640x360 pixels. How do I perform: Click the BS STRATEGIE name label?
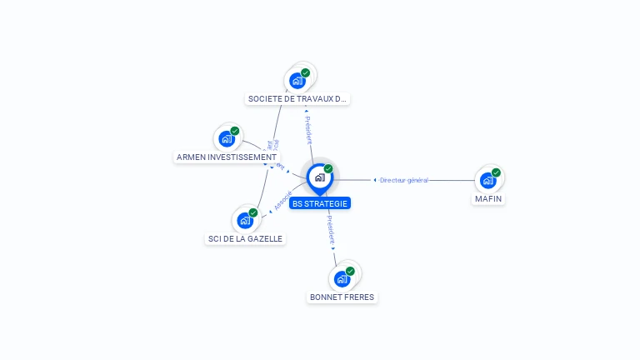point(320,203)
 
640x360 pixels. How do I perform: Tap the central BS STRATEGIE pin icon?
point(319,177)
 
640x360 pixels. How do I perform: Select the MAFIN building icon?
point(487,180)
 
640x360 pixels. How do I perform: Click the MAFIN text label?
point(488,199)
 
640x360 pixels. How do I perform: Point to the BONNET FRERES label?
point(342,297)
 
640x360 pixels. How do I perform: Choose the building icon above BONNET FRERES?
point(342,278)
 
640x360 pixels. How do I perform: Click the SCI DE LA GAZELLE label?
point(245,239)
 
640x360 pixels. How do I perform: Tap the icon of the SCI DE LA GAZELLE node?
point(245,220)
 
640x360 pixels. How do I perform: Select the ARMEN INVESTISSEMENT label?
point(227,157)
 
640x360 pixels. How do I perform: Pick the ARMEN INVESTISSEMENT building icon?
point(227,138)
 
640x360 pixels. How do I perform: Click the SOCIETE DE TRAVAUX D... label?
point(297,99)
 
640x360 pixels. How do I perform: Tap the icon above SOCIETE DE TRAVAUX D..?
point(297,81)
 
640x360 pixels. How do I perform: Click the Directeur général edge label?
point(403,180)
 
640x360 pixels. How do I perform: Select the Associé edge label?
point(283,202)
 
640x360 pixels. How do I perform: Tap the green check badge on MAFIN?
point(497,172)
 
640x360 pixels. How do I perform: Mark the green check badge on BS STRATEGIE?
point(328,169)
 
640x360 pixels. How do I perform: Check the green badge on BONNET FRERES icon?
point(350,271)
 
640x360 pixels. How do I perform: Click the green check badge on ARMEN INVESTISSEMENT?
point(235,131)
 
